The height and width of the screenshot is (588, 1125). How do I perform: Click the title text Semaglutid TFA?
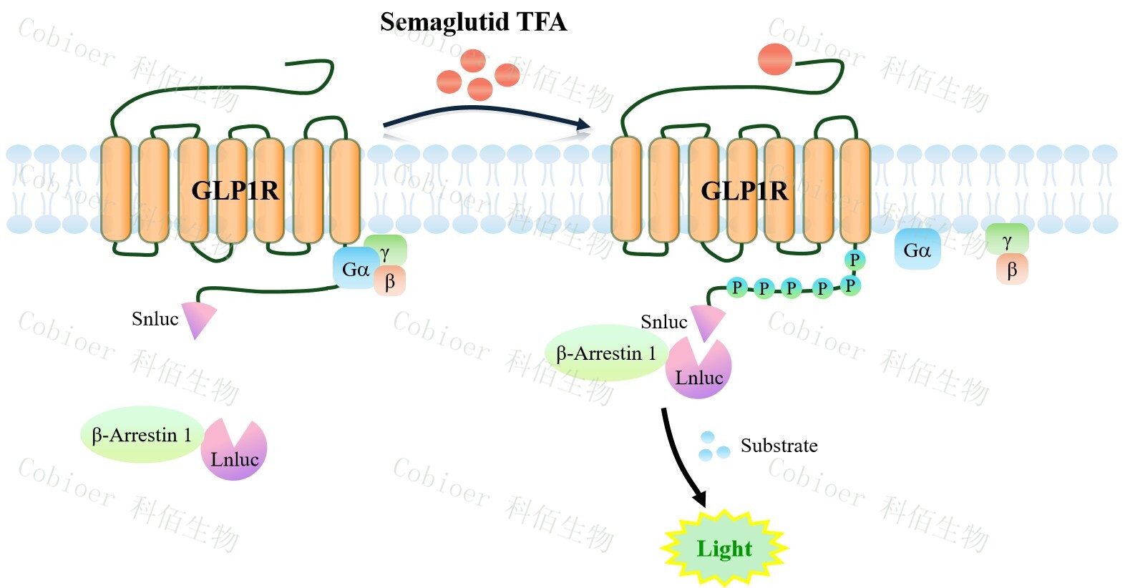click(473, 22)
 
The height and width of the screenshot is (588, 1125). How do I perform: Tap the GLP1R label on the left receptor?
click(235, 190)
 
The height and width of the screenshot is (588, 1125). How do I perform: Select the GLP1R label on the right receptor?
click(744, 191)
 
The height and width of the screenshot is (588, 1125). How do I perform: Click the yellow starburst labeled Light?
click(724, 549)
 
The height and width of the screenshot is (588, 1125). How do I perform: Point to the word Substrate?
click(779, 446)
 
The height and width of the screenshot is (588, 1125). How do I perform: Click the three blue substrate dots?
click(713, 446)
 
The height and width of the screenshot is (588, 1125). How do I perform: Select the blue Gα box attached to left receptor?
click(354, 270)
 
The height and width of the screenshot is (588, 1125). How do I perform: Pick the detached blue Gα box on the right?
click(917, 250)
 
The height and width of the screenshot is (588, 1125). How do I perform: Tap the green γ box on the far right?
click(1007, 240)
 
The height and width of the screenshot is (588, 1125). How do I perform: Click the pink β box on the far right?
click(1012, 270)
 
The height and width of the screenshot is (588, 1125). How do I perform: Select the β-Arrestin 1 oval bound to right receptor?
click(606, 353)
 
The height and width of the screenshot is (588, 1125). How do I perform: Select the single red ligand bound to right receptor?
click(775, 59)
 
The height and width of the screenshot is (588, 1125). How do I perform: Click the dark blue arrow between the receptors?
click(487, 114)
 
